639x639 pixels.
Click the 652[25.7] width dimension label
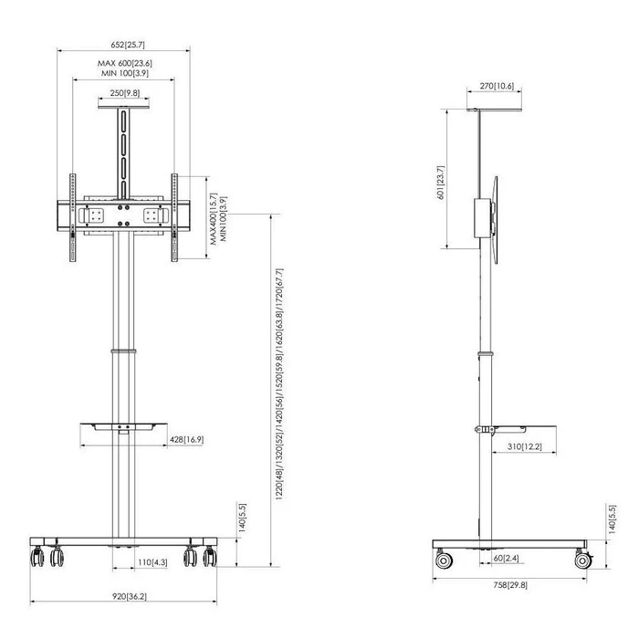coord(128,45)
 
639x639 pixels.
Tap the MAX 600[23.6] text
coord(125,63)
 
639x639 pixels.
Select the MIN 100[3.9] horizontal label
coord(125,73)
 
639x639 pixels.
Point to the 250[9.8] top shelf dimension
coord(124,93)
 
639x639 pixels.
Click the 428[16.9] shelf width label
coord(186,439)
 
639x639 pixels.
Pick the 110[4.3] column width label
coord(152,562)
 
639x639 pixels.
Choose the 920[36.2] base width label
coord(130,596)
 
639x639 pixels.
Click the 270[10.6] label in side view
coord(497,86)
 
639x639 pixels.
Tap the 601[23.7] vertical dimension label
coord(441,183)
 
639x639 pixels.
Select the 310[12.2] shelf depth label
coord(525,446)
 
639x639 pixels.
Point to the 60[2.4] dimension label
coord(506,558)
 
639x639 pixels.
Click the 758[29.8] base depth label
coord(510,585)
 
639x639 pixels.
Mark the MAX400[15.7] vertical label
coord(214,219)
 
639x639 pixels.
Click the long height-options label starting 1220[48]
coord(279,384)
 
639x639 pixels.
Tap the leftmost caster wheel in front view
coord(37,557)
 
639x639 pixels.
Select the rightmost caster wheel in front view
coord(210,557)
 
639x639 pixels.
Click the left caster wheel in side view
coord(444,560)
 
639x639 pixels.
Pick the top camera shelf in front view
coord(123,107)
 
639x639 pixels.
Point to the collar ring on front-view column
coord(123,351)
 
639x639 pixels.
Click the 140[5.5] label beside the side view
coord(612,519)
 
